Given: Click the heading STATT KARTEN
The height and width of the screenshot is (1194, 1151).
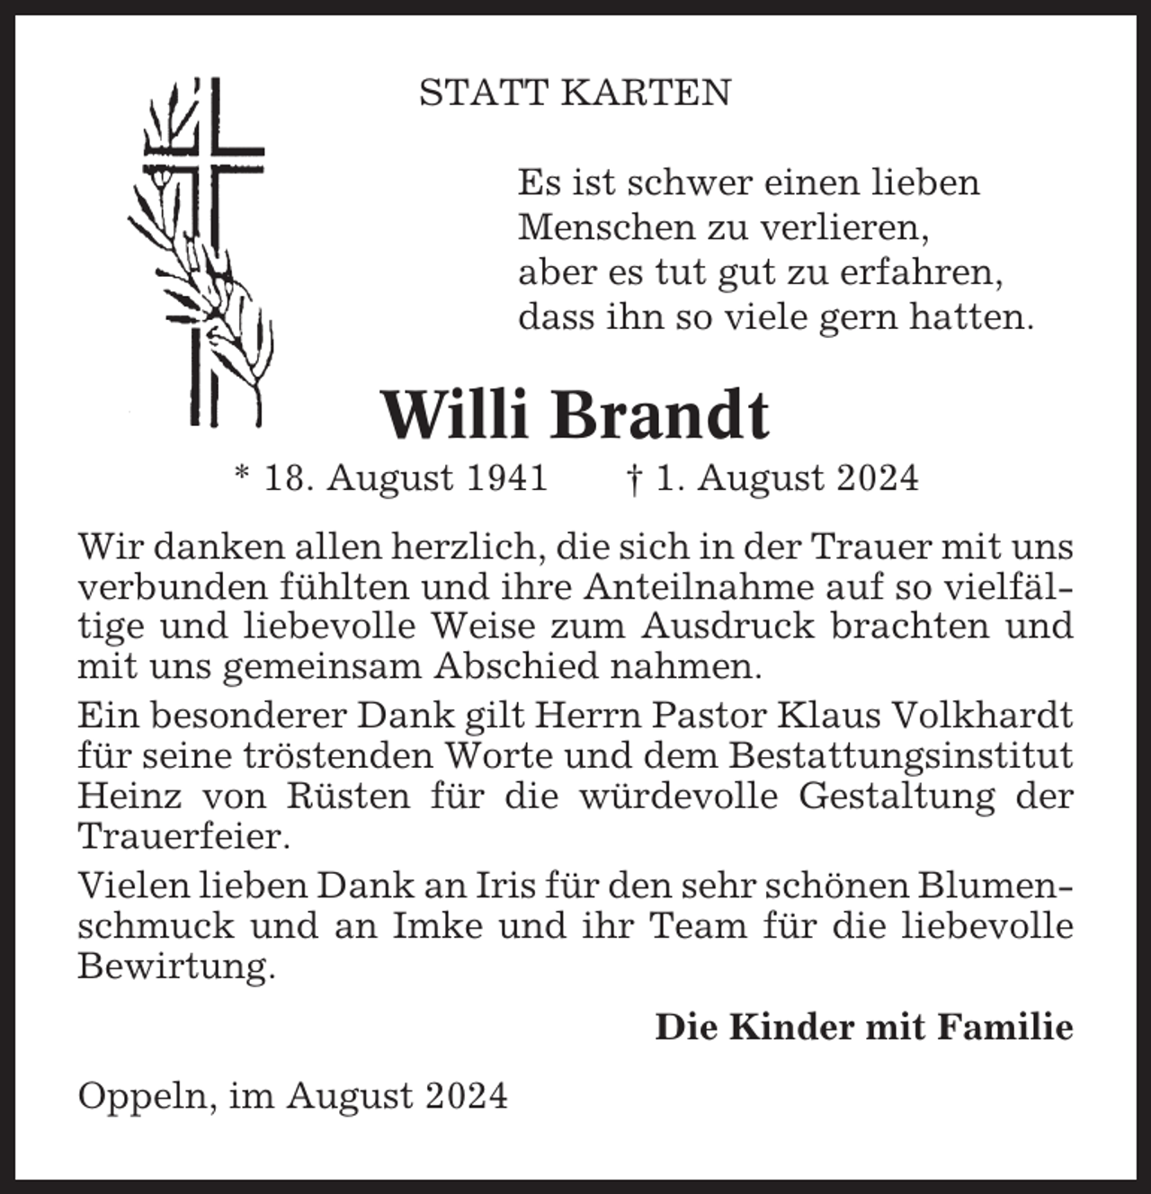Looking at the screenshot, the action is (575, 93).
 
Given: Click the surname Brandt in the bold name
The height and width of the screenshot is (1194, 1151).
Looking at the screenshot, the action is (660, 415).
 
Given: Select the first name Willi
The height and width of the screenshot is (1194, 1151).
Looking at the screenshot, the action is (455, 415).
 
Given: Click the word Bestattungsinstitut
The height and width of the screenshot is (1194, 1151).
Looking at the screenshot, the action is (900, 756).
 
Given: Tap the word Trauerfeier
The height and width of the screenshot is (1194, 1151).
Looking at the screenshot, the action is (183, 837).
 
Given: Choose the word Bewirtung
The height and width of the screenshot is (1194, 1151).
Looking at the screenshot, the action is (174, 967).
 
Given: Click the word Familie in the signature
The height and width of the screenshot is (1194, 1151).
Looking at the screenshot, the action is (1004, 1027).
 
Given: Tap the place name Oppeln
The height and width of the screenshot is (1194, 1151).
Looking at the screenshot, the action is (146, 1096).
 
